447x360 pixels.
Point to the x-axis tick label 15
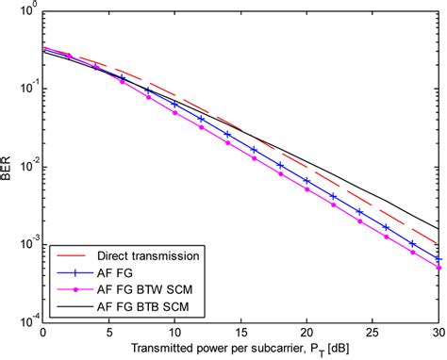240,335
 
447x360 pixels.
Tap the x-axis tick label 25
372,335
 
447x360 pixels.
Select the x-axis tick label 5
108,335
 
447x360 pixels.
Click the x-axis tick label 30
438,335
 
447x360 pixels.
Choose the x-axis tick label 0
42,335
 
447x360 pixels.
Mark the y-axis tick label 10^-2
25,168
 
